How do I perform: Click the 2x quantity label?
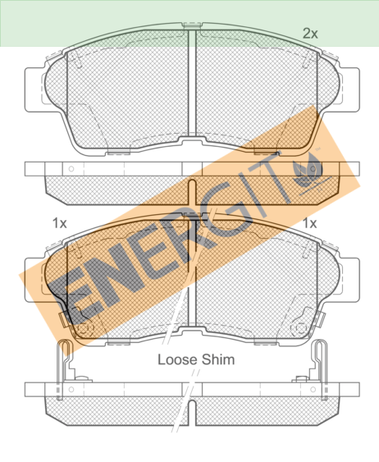310,34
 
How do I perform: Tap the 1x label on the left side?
60,223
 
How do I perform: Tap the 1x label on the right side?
310,223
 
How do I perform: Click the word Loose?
177,359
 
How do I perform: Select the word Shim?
218,359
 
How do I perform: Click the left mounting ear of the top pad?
34,90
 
